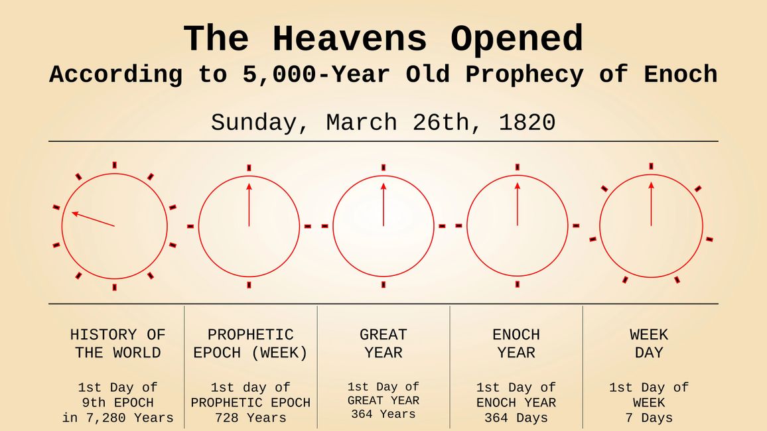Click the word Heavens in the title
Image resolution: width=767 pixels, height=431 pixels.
[x=350, y=39]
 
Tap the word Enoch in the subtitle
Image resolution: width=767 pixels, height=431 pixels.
[x=681, y=75]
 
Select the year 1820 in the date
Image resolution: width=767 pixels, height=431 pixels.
[x=527, y=122]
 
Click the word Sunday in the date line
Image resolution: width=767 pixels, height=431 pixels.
[x=253, y=123]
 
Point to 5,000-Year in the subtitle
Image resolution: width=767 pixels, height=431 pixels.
[x=316, y=75]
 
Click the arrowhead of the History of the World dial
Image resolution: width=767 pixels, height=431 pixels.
[x=75, y=214]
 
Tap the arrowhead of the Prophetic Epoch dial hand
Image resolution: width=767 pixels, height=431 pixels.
[x=249, y=186]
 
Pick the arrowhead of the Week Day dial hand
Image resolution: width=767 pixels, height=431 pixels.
[x=651, y=185]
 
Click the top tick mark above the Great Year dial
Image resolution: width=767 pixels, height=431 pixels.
[x=383, y=168]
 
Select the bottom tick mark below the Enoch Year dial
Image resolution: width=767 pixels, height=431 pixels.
[x=518, y=284]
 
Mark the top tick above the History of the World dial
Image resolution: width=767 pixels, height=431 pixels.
[x=115, y=165]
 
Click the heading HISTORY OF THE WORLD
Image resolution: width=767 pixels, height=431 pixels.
[x=118, y=343]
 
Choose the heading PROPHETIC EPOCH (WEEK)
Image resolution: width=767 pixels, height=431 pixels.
[x=250, y=343]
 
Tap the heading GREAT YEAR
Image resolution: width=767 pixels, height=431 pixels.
[x=383, y=343]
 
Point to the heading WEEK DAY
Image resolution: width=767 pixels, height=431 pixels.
[x=649, y=343]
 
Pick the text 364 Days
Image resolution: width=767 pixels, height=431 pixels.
[x=516, y=418]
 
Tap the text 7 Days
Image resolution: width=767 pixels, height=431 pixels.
[x=649, y=418]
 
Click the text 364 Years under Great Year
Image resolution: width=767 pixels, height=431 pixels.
[x=383, y=414]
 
